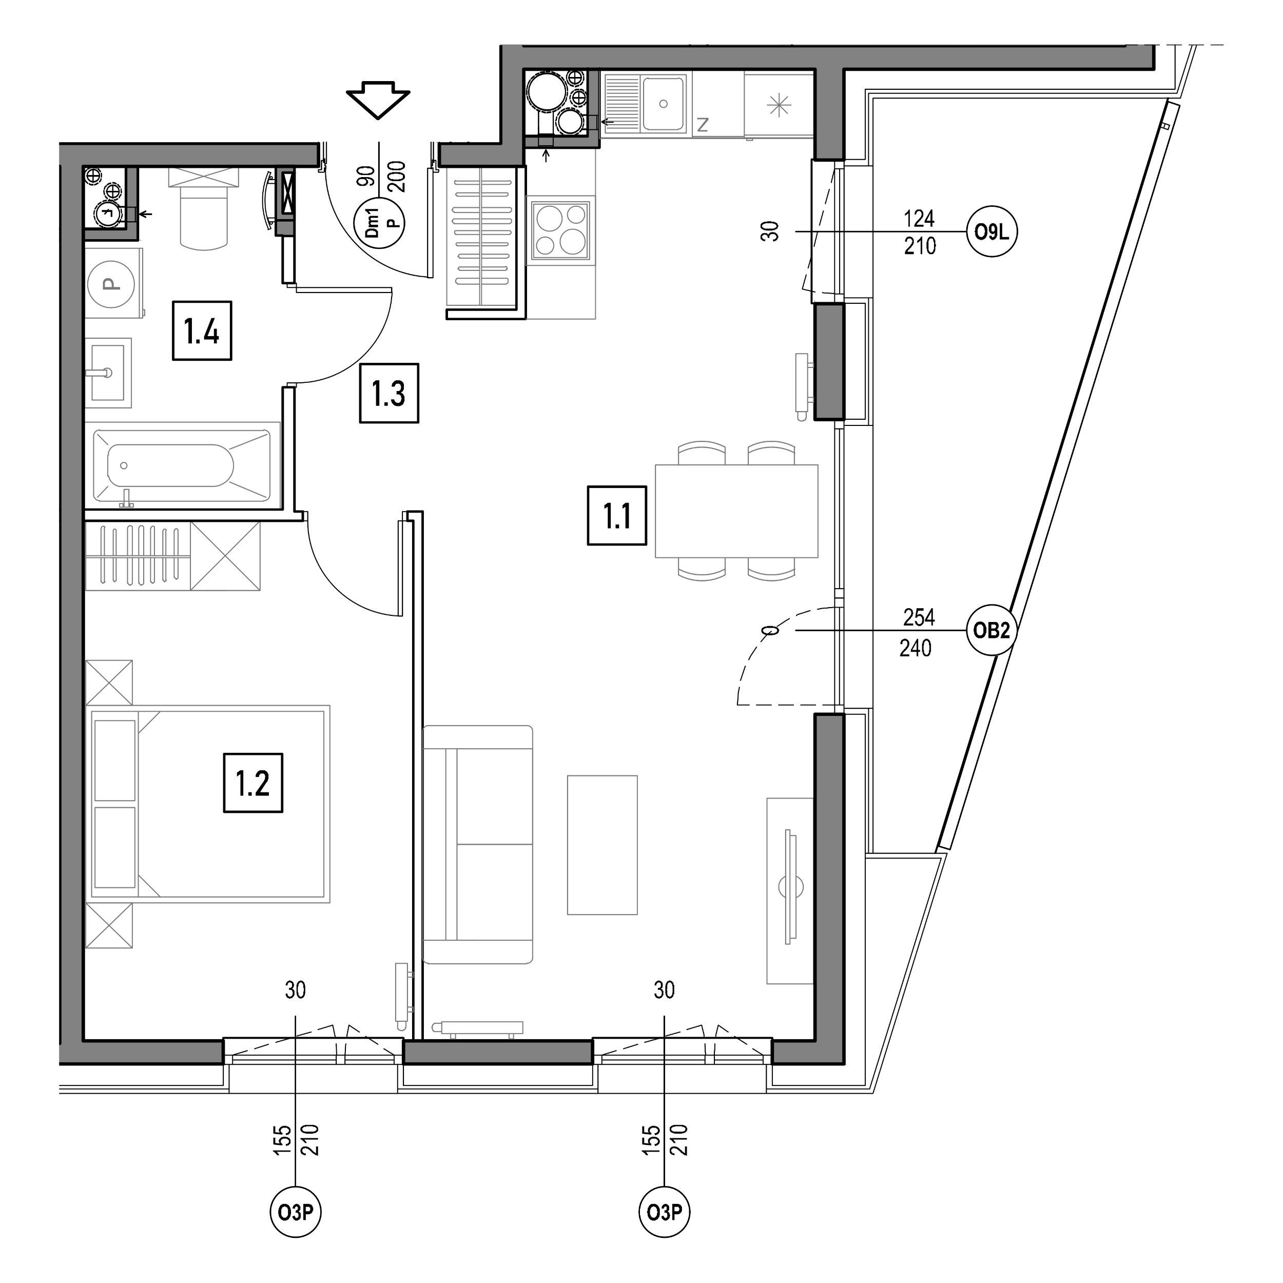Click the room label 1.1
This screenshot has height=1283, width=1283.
click(x=617, y=516)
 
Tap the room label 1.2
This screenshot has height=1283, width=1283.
click(x=253, y=783)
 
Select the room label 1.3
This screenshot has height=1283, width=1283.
click(x=389, y=393)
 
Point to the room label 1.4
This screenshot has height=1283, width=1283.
click(x=202, y=331)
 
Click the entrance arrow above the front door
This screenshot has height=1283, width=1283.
click(x=378, y=100)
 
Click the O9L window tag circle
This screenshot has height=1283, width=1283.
click(x=992, y=232)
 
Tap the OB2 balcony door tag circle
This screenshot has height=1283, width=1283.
click(x=991, y=630)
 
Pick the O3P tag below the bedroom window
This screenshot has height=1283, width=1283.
click(x=296, y=1213)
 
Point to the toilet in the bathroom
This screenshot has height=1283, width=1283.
click(x=203, y=209)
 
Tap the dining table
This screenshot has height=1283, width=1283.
click(x=736, y=511)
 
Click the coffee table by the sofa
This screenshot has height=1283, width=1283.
click(x=602, y=845)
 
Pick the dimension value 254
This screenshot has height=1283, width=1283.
click(x=919, y=617)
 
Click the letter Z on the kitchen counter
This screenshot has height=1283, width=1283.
click(x=703, y=124)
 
